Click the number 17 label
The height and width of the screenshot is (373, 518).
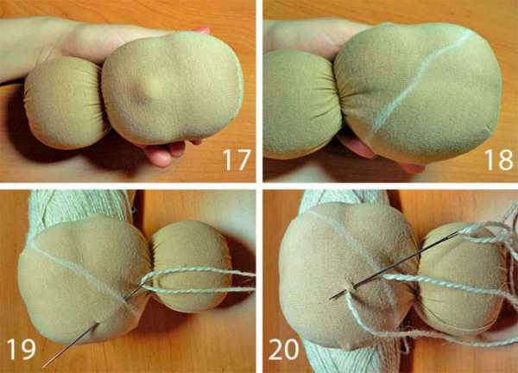[237, 160]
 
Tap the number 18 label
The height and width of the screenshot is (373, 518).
[499, 160]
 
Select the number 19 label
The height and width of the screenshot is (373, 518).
[21, 349]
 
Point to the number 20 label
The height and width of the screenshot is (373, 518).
[284, 349]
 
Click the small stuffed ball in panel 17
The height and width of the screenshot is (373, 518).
[65, 103]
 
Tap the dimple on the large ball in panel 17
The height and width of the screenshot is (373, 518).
[142, 96]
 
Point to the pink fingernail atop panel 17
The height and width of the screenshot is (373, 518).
[201, 30]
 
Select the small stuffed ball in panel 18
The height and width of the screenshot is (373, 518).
[302, 104]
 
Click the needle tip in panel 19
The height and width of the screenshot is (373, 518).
[44, 366]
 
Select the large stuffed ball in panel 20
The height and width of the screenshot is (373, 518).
[347, 275]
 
